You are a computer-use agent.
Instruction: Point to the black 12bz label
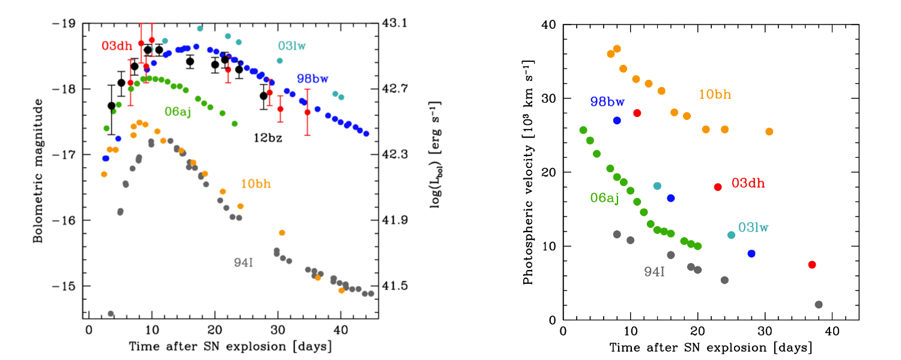tap(267, 137)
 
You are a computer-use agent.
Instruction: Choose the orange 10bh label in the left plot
tap(256, 184)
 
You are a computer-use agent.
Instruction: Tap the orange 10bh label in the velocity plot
tap(715, 95)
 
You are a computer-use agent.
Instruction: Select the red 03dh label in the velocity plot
tap(748, 183)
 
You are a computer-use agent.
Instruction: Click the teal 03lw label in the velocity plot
tap(753, 227)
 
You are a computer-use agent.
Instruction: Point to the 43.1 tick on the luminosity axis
tap(395, 23)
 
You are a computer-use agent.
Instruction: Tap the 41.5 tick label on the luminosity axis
tap(395, 286)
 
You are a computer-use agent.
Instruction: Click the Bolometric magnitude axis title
tap(38, 172)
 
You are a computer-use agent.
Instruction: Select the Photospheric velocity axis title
tap(528, 172)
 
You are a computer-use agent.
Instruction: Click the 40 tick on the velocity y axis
tap(549, 25)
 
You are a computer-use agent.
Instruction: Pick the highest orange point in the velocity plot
tap(617, 49)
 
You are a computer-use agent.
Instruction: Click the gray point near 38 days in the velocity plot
tap(819, 305)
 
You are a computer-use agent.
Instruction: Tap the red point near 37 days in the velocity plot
tap(812, 265)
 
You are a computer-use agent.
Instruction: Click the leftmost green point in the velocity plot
tap(583, 130)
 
